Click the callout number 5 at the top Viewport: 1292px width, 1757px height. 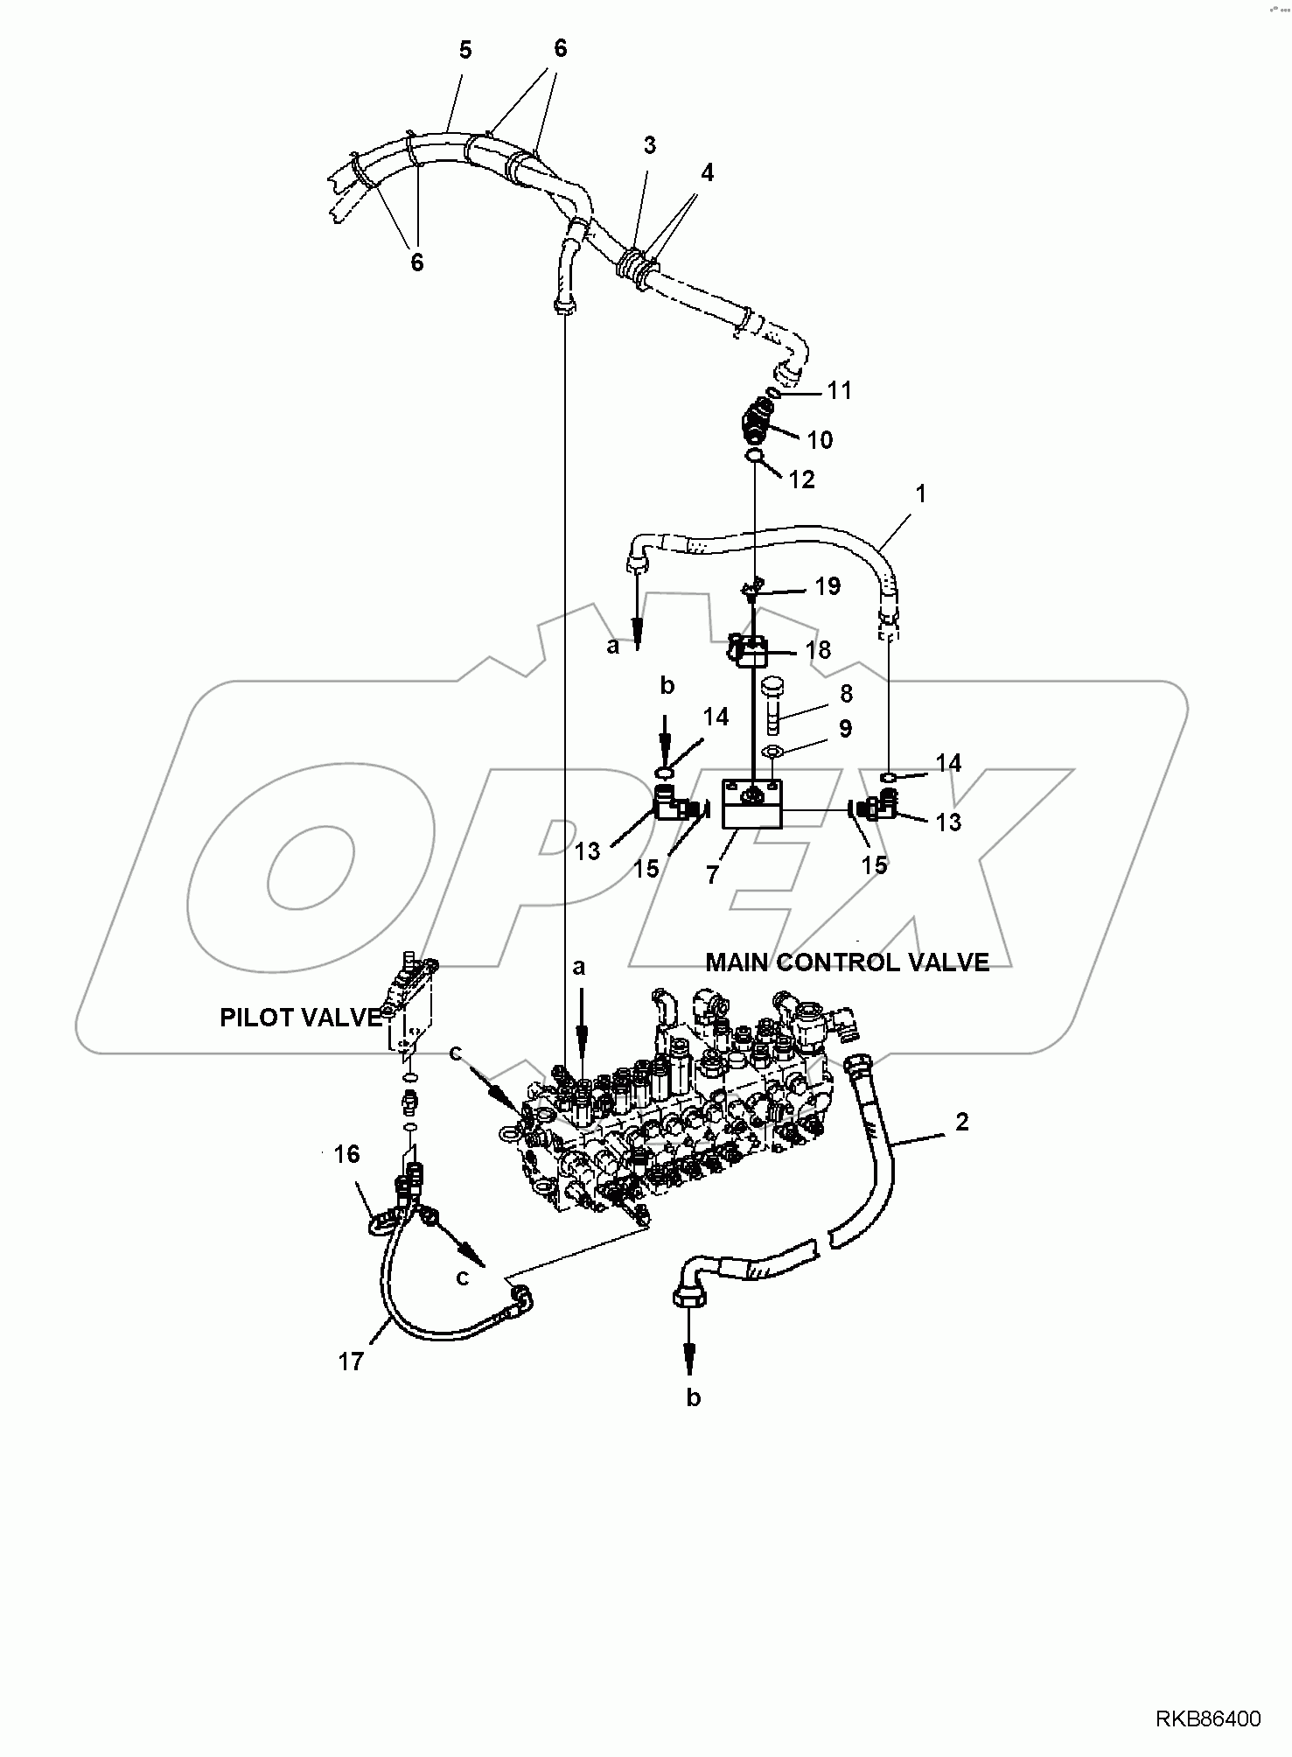click(464, 51)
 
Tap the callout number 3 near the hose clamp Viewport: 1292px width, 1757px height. click(649, 145)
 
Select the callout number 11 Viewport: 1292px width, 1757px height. click(840, 390)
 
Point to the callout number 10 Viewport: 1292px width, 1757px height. click(820, 439)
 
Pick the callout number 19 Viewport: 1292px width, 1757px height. click(827, 586)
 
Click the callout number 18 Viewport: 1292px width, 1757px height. click(818, 650)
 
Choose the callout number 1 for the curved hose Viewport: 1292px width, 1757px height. click(920, 494)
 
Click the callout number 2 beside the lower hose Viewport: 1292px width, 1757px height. click(961, 1122)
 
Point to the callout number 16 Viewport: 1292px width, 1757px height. click(346, 1154)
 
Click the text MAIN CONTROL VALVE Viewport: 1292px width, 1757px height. click(847, 962)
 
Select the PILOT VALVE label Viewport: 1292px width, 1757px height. click(300, 1018)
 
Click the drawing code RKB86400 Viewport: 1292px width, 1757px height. click(1208, 1719)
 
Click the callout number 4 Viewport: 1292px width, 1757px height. click(706, 173)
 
